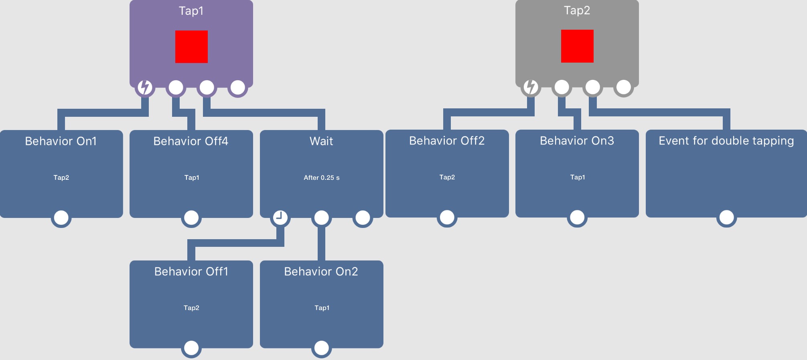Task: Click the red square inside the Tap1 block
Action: pyautogui.click(x=191, y=47)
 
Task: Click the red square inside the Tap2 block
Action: pyautogui.click(x=577, y=46)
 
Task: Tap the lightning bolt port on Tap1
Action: pyautogui.click(x=145, y=87)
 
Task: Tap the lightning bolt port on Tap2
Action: pyautogui.click(x=531, y=87)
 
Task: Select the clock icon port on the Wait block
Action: pyautogui.click(x=280, y=218)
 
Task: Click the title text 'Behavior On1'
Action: pyautogui.click(x=61, y=141)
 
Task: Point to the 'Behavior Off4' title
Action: pyautogui.click(x=191, y=141)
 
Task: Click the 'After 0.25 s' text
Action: pyautogui.click(x=322, y=177)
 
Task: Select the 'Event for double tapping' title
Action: pyautogui.click(x=726, y=141)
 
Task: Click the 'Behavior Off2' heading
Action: pyautogui.click(x=447, y=141)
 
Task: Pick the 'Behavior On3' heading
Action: pyautogui.click(x=577, y=141)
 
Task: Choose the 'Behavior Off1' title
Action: pyautogui.click(x=191, y=272)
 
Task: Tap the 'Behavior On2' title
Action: pyautogui.click(x=321, y=272)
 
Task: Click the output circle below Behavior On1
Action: pyautogui.click(x=61, y=218)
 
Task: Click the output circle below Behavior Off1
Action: pyautogui.click(x=191, y=348)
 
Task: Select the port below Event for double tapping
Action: pyautogui.click(x=726, y=217)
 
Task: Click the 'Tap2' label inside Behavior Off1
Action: pyautogui.click(x=191, y=308)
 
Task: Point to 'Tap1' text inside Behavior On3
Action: pyautogui.click(x=578, y=177)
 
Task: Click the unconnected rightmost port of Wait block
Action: pyautogui.click(x=363, y=218)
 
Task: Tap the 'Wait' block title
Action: pyautogui.click(x=321, y=141)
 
